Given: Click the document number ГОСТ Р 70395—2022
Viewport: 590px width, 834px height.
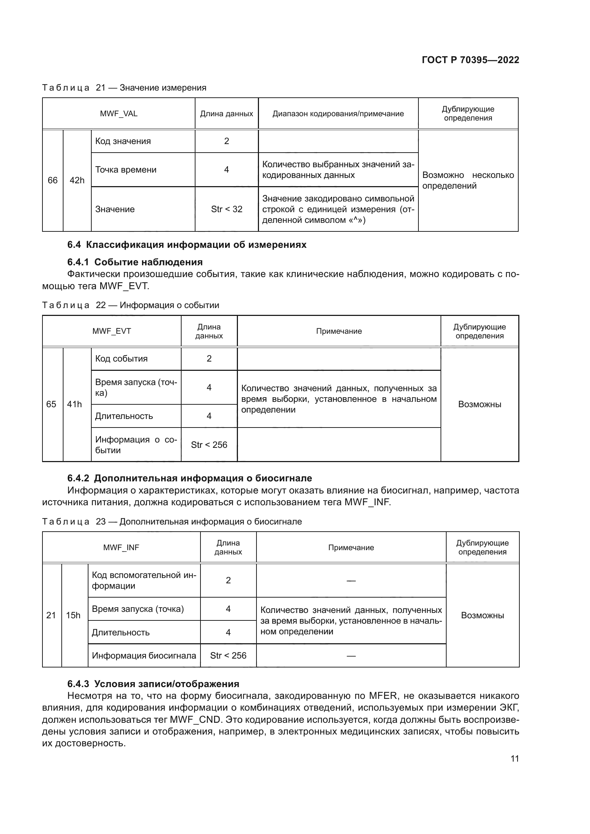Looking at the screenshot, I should click(x=470, y=60).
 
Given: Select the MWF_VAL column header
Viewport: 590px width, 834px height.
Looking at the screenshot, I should click(x=118, y=114).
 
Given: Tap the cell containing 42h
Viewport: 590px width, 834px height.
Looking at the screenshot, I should click(x=77, y=180).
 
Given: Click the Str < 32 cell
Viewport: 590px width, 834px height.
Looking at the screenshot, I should click(x=227, y=209).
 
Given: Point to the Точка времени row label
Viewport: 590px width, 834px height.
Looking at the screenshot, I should click(x=126, y=170).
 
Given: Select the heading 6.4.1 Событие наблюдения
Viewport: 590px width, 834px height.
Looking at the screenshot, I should click(x=135, y=262).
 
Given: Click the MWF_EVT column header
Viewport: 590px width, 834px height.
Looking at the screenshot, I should click(x=112, y=331).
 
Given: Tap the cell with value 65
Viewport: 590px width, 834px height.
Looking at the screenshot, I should click(x=51, y=404).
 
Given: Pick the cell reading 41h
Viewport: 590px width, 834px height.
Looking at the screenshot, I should click(x=75, y=404).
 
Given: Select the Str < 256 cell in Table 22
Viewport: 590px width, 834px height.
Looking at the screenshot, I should click(x=209, y=445).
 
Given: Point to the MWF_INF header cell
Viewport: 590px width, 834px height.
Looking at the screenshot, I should click(x=121, y=548).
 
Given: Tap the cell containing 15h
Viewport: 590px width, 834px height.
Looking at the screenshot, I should click(x=73, y=615).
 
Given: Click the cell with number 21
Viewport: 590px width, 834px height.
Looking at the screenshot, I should click(x=51, y=615).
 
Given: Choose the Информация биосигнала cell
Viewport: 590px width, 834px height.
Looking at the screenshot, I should click(x=144, y=656).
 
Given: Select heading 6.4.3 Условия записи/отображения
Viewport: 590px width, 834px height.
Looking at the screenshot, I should click(x=153, y=684).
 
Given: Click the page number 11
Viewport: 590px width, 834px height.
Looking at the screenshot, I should click(x=514, y=758).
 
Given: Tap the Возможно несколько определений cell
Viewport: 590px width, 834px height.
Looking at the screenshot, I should click(x=468, y=180).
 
